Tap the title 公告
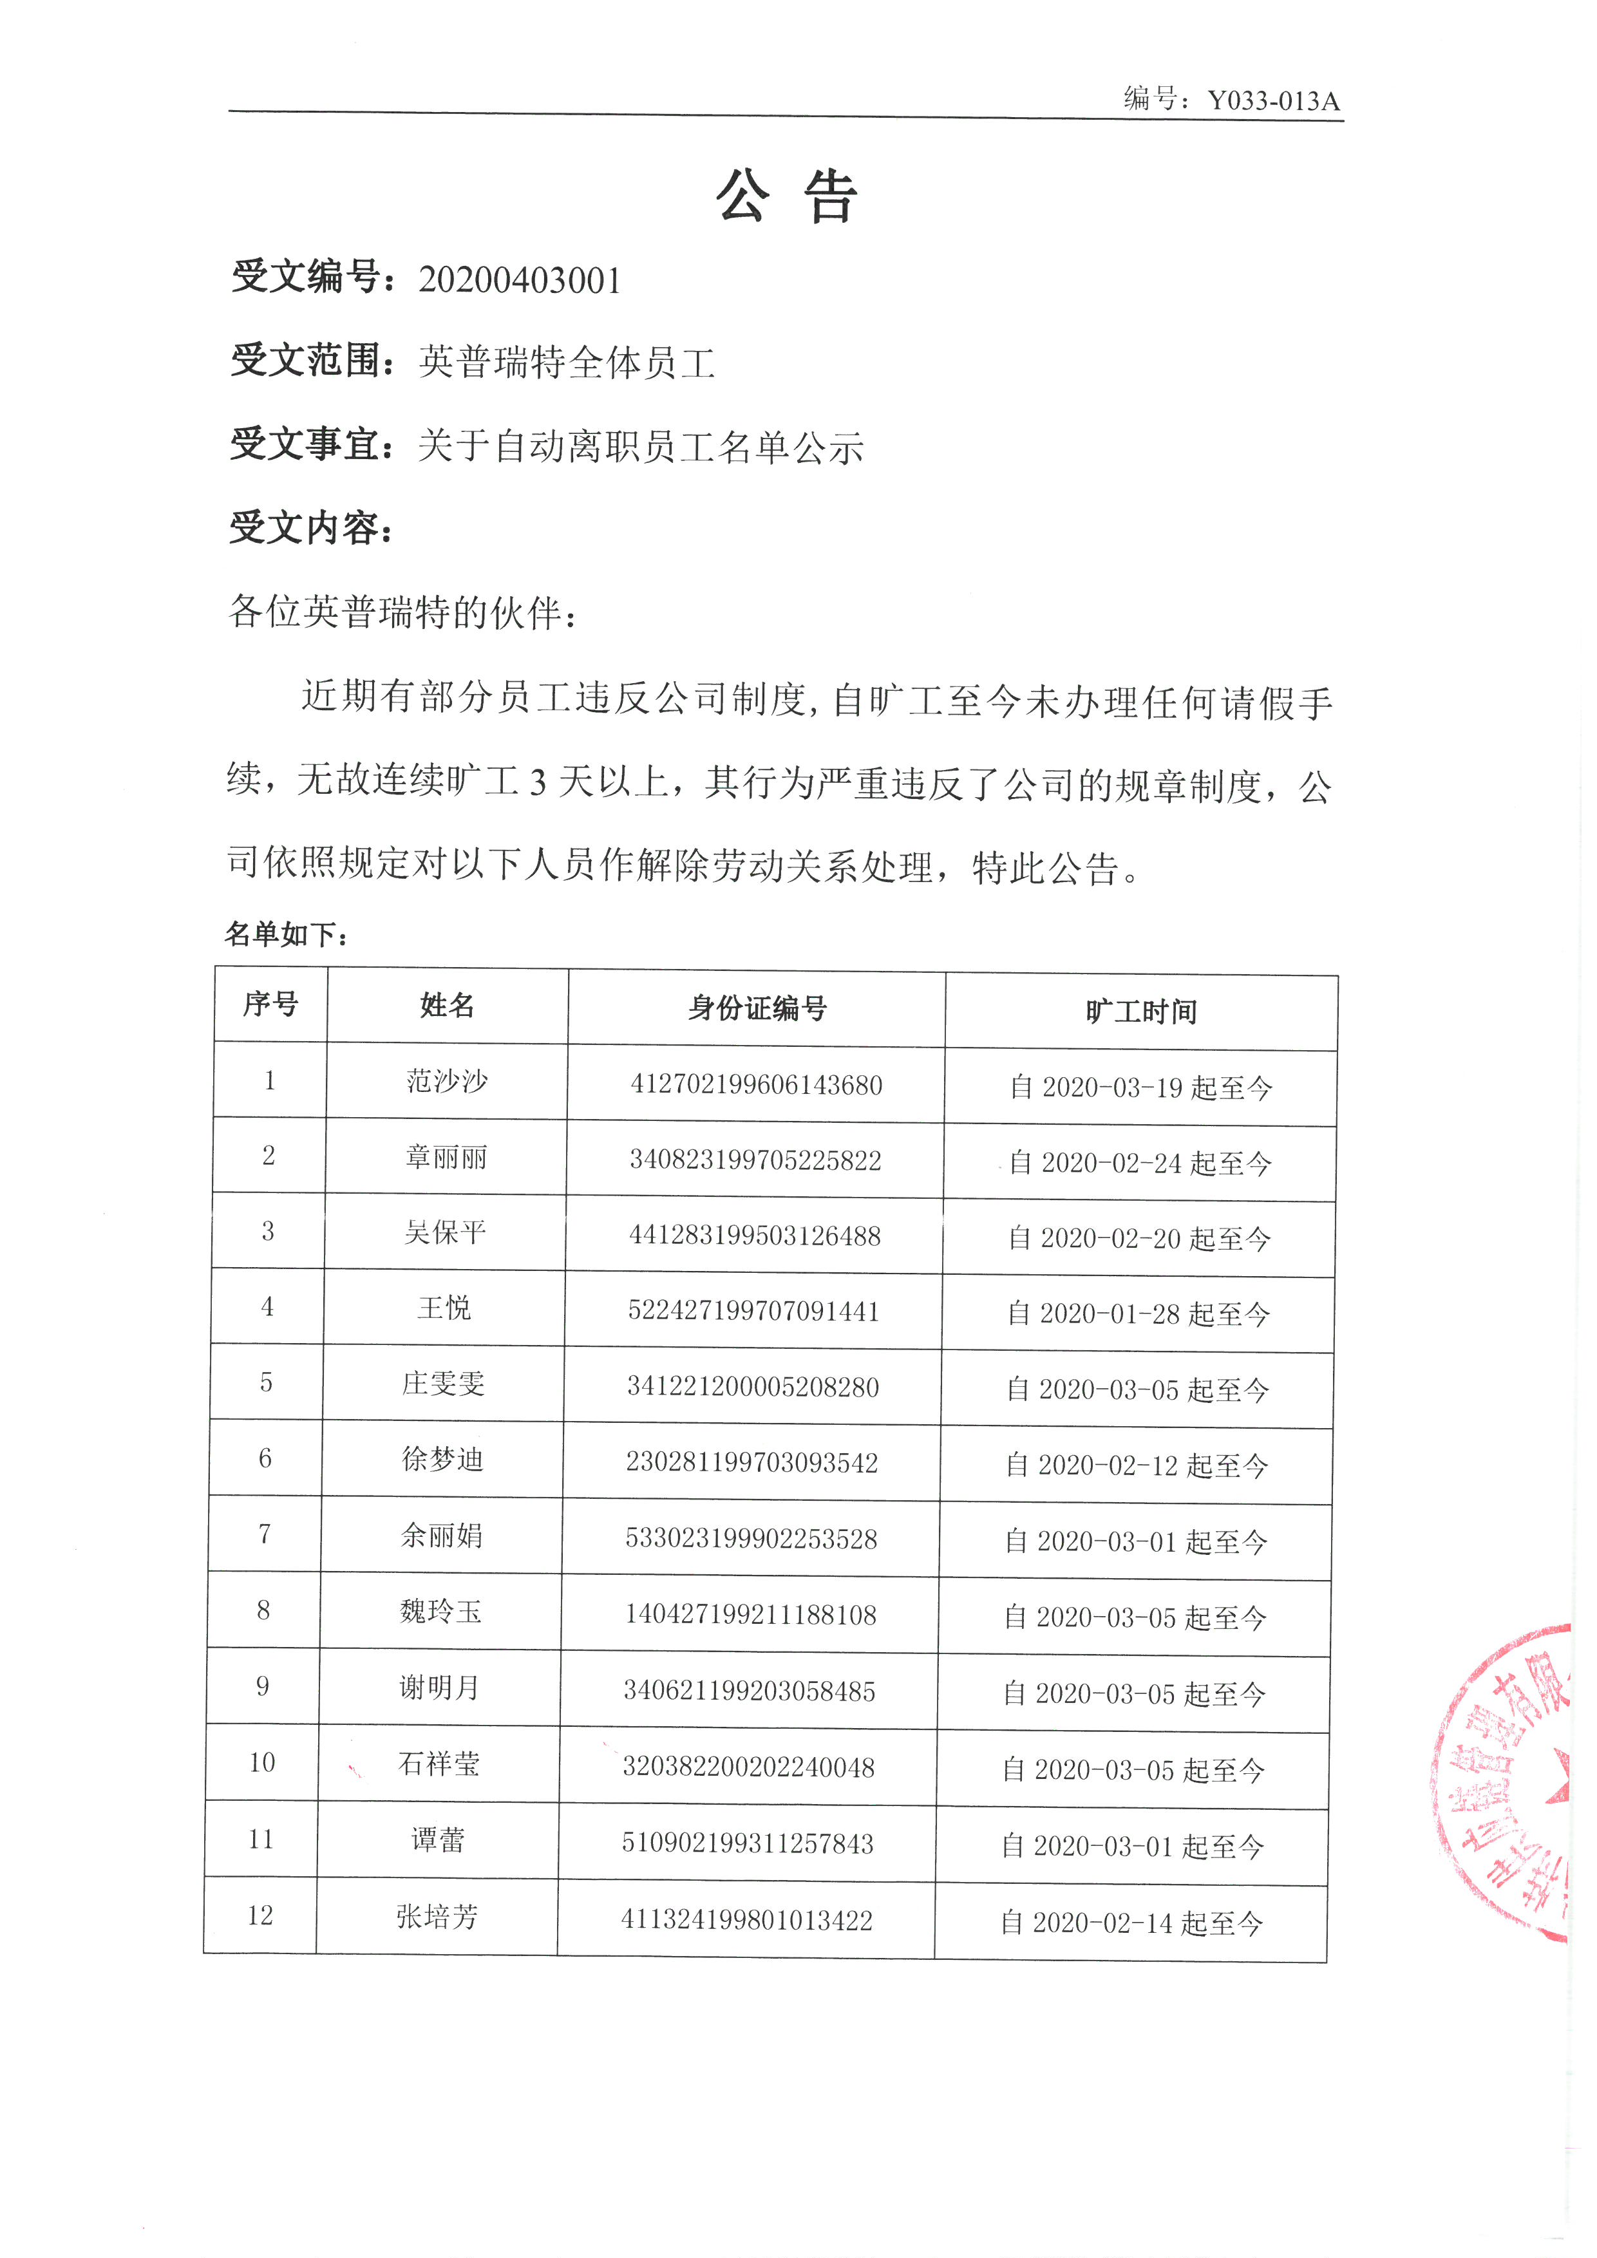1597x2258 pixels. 787,196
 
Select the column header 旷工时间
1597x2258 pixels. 1140,1012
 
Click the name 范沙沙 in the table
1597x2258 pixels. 446,1082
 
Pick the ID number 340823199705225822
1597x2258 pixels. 755,1160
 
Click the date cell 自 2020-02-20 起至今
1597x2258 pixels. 1139,1239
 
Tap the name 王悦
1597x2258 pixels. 444,1308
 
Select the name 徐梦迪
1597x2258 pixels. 442,1460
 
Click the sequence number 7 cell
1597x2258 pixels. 265,1535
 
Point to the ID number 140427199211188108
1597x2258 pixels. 750,1615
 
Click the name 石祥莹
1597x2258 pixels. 439,1764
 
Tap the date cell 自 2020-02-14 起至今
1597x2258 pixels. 1131,1923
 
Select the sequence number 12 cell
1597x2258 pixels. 260,1915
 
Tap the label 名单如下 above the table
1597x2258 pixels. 285,934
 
